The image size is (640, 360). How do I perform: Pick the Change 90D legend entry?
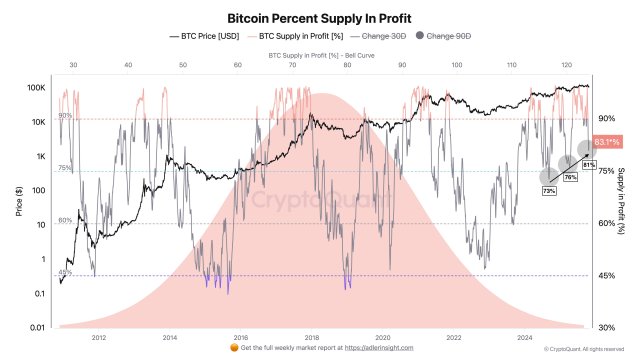(x=446, y=36)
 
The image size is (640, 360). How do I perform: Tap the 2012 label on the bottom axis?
(x=98, y=338)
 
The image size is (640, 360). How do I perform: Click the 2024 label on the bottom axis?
(x=525, y=338)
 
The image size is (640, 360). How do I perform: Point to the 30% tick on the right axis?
(x=606, y=328)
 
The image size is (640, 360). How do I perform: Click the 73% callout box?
(x=548, y=190)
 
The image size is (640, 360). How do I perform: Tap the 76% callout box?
(x=570, y=177)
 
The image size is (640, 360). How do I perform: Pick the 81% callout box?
(x=589, y=164)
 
